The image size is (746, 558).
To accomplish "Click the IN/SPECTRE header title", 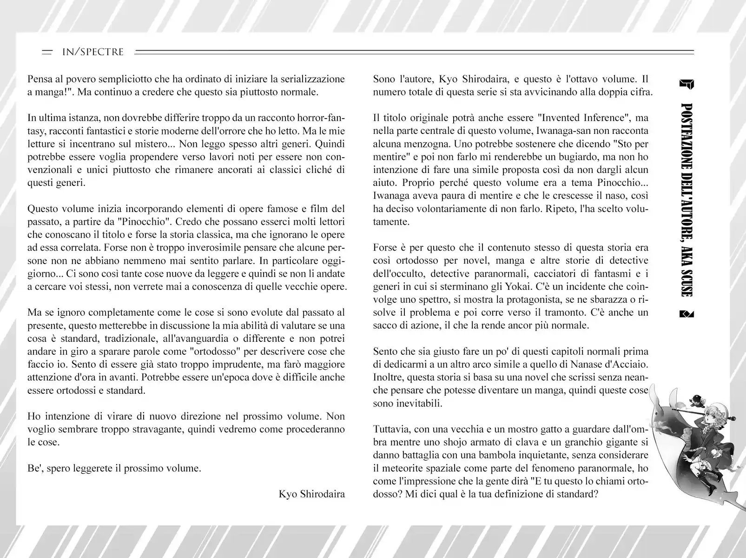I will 93,52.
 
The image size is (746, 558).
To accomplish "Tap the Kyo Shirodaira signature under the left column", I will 312,493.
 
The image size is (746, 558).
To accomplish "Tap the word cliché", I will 316,170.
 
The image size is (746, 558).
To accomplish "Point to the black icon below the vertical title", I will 687,314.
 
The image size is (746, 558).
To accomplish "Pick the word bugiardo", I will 571,157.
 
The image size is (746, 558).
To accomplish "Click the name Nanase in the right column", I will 575,364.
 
